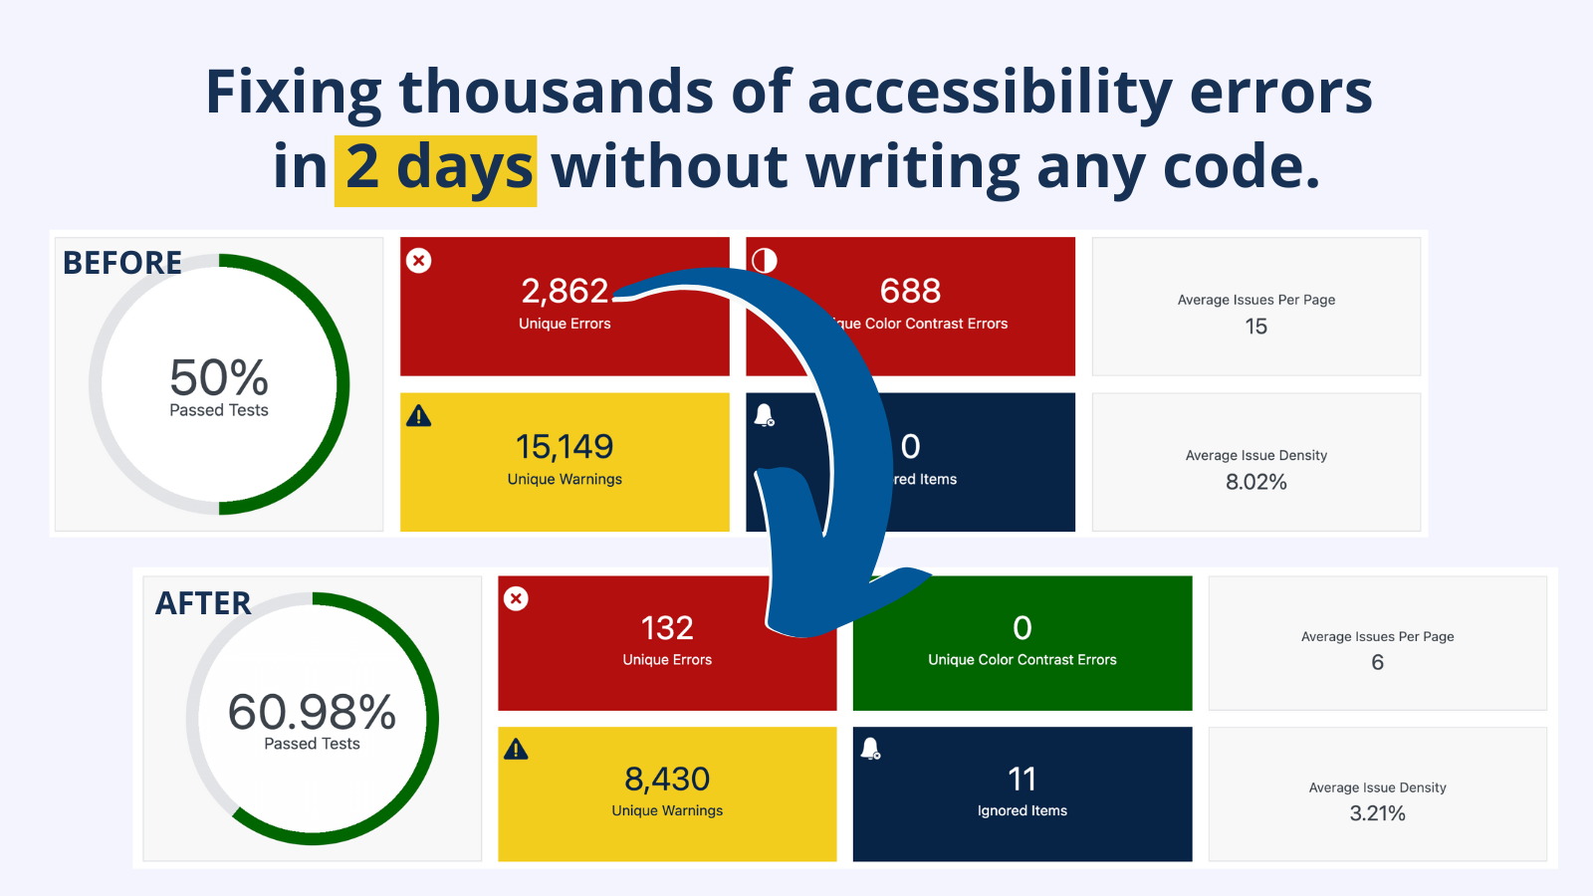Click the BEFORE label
[x=122, y=263]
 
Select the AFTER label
[x=203, y=603]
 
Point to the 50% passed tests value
[x=219, y=379]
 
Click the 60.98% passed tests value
[x=312, y=713]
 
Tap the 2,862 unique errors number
[x=565, y=291]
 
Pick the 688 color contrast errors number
[x=910, y=291]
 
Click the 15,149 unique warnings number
[x=565, y=447]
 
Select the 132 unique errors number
[x=667, y=628]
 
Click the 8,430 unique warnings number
[x=667, y=780]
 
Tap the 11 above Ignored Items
[x=1022, y=780]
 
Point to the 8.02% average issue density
[x=1255, y=483]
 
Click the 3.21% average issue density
[x=1377, y=814]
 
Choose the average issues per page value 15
[x=1255, y=327]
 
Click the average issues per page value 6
[x=1377, y=663]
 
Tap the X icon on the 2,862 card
[x=419, y=261]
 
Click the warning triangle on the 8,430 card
[x=516, y=750]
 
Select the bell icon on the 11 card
[x=870, y=749]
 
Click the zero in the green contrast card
[x=1022, y=628]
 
